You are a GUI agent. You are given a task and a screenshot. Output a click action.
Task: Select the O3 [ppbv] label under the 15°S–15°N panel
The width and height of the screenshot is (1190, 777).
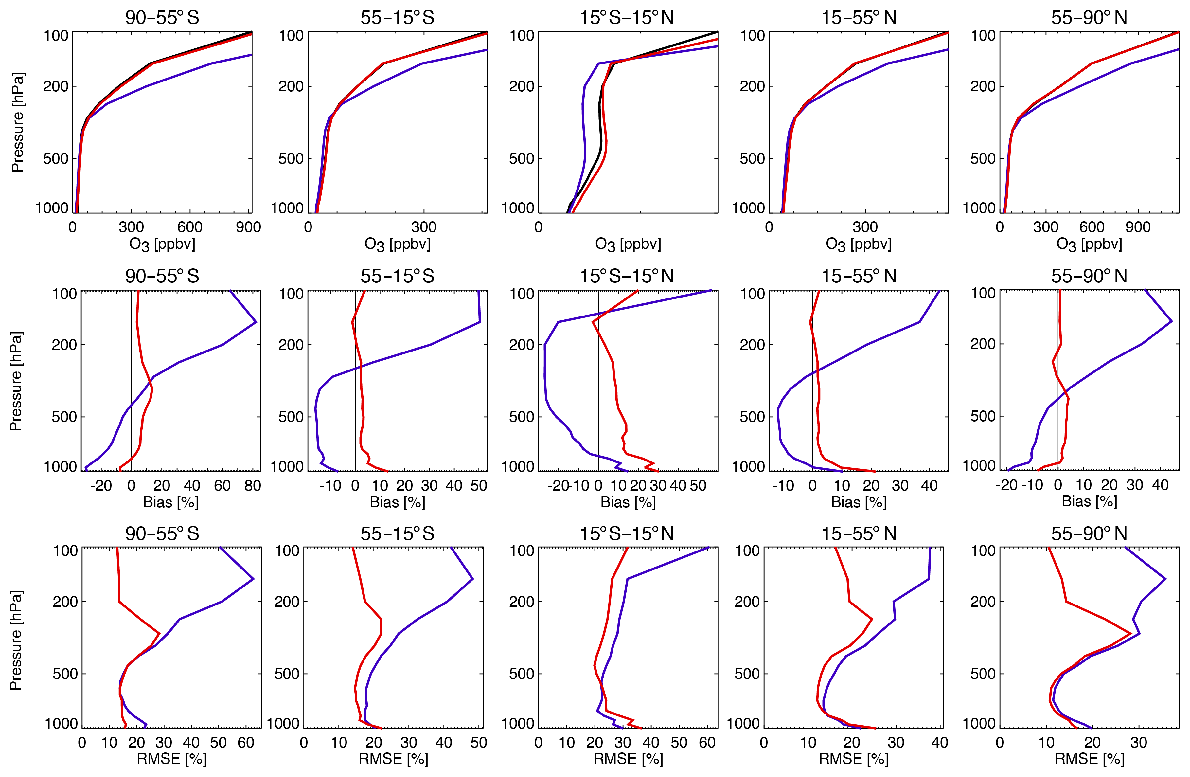pyautogui.click(x=628, y=244)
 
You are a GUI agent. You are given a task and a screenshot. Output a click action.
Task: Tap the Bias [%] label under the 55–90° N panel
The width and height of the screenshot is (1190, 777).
pyautogui.click(x=1089, y=501)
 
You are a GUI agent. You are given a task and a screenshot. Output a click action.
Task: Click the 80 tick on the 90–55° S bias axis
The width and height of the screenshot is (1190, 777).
pyautogui.click(x=253, y=485)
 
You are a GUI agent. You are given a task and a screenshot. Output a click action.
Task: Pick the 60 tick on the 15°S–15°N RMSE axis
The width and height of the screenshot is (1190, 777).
pyautogui.click(x=707, y=743)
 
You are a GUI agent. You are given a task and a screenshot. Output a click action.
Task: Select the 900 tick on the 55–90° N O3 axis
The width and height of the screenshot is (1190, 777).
pyautogui.click(x=1138, y=227)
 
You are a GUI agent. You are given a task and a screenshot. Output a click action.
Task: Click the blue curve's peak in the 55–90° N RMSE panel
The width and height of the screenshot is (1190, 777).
pyautogui.click(x=1165, y=579)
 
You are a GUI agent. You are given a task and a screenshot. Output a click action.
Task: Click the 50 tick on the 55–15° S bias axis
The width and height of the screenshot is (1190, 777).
pyautogui.click(x=478, y=485)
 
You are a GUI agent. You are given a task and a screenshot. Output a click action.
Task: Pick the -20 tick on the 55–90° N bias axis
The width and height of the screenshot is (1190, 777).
pyautogui.click(x=1006, y=485)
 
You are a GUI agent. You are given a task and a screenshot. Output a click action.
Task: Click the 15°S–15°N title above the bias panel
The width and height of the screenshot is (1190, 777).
pyautogui.click(x=627, y=276)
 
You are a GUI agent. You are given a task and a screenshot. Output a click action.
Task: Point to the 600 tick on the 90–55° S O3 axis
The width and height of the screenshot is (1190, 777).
pyautogui.click(x=190, y=227)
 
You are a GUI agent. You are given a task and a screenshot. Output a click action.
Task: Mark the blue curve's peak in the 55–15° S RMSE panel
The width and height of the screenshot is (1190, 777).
pyautogui.click(x=472, y=579)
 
